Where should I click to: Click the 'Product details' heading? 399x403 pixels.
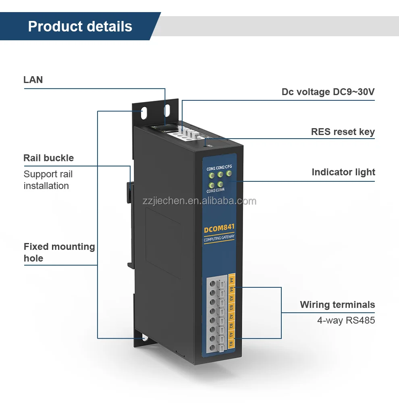(80, 26)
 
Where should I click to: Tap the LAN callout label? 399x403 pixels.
(33, 80)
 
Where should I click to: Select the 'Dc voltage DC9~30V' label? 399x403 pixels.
(328, 92)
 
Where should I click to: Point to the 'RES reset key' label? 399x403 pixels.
(343, 132)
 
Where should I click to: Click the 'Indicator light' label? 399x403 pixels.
(343, 172)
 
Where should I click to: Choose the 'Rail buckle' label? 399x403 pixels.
(48, 158)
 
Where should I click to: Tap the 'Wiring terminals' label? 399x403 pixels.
(337, 305)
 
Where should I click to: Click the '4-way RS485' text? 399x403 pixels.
(346, 321)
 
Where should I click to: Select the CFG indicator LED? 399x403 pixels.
(229, 174)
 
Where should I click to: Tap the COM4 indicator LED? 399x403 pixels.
(220, 184)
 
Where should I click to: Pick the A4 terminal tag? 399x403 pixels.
(231, 280)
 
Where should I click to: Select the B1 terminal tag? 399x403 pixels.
(231, 344)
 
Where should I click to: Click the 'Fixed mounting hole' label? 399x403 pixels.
(59, 252)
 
